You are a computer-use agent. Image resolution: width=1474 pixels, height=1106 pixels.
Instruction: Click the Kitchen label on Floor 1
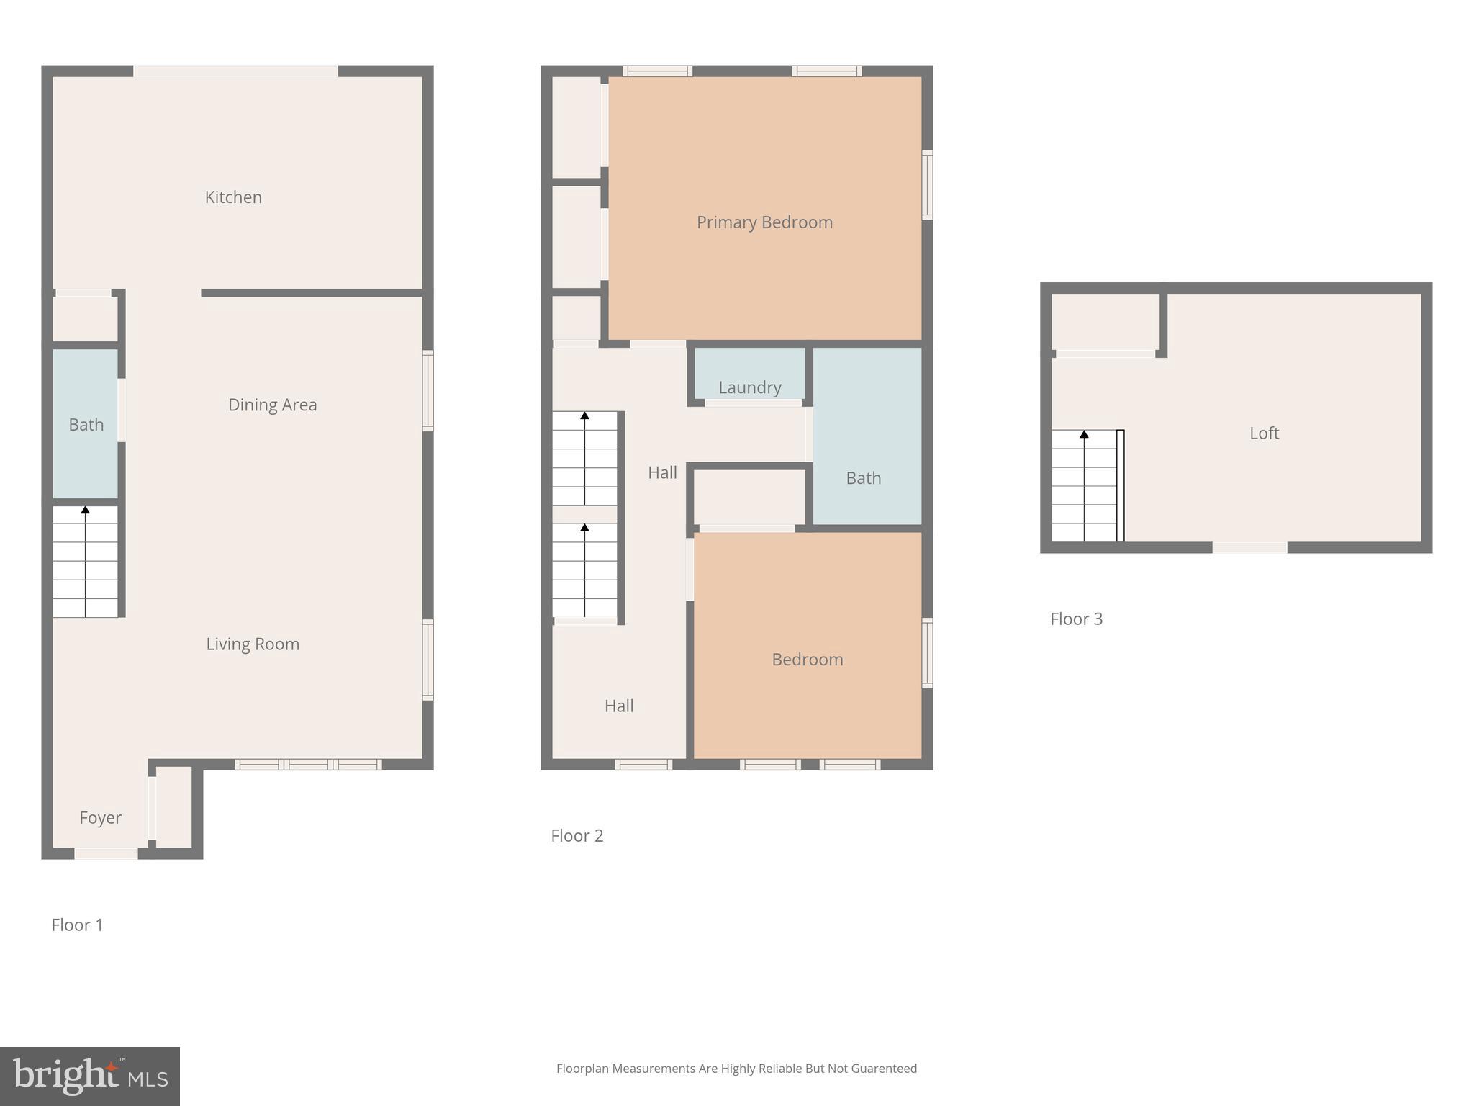click(x=233, y=197)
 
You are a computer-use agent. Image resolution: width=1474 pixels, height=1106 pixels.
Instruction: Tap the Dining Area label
click(x=272, y=405)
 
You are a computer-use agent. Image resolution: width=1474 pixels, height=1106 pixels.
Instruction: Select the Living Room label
click(x=253, y=644)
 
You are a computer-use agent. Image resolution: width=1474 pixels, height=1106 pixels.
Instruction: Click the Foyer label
click(x=100, y=818)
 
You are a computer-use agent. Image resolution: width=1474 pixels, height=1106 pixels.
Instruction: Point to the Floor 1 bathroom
click(x=86, y=425)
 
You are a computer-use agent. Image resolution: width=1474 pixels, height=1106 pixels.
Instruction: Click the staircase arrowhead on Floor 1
click(x=85, y=510)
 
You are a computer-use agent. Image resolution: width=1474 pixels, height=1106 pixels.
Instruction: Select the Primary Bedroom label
click(x=764, y=222)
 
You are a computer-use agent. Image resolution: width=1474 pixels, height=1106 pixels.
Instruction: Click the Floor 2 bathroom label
click(x=863, y=478)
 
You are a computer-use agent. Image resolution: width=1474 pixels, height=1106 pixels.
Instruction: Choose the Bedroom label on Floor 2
click(x=807, y=660)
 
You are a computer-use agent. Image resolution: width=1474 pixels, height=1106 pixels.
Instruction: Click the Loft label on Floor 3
click(x=1264, y=433)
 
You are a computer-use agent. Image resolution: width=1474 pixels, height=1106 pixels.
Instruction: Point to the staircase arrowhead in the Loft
click(x=1084, y=434)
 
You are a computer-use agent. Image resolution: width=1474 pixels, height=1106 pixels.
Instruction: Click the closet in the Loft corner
click(x=1105, y=321)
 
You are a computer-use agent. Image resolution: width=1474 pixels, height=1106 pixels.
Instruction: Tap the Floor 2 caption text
click(x=577, y=836)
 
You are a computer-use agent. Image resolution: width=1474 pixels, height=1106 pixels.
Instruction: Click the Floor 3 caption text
click(x=1076, y=619)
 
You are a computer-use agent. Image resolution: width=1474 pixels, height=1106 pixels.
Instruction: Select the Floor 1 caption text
click(x=77, y=925)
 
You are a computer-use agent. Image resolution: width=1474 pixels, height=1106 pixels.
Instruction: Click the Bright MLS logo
click(x=90, y=1076)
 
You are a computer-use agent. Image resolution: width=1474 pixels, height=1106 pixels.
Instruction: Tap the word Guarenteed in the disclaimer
click(x=885, y=1069)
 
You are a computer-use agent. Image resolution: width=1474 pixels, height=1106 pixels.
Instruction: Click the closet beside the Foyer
click(x=174, y=806)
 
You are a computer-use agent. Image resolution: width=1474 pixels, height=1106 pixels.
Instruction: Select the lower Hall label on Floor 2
click(x=619, y=706)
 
